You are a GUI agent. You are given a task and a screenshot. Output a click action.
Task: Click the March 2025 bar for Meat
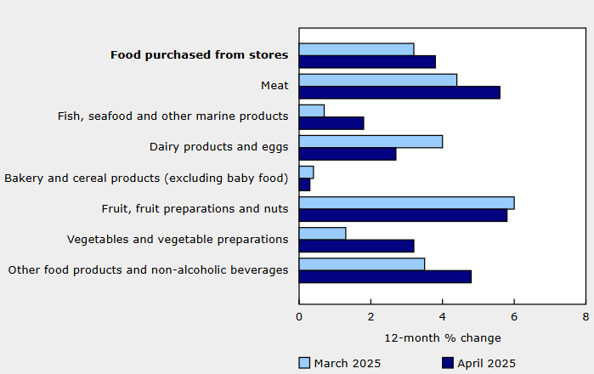[x=378, y=80]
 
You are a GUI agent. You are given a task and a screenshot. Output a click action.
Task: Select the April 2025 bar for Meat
[x=399, y=92]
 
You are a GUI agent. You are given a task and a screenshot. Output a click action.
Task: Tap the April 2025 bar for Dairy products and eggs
[x=348, y=154]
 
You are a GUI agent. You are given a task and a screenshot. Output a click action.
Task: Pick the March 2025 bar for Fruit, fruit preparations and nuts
[x=406, y=202]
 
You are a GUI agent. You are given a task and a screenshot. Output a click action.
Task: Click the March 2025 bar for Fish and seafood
[x=312, y=110]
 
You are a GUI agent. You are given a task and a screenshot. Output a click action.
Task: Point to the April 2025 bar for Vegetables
[x=357, y=246]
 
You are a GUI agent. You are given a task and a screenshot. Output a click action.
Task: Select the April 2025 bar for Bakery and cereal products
[x=304, y=184]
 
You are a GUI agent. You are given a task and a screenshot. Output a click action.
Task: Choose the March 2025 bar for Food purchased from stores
[x=357, y=49]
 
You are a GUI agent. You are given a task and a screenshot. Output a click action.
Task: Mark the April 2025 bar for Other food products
[x=385, y=276]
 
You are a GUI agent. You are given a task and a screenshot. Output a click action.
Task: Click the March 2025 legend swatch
[x=304, y=363]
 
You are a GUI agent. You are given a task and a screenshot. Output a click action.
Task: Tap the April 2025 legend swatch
[x=448, y=363]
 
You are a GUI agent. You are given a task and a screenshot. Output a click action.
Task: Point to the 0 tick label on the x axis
[x=299, y=316]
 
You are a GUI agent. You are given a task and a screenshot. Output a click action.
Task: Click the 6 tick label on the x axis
[x=513, y=316]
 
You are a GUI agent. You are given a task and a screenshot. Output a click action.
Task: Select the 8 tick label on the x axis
[x=585, y=316]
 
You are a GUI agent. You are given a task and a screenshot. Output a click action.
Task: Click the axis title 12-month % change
[x=443, y=337]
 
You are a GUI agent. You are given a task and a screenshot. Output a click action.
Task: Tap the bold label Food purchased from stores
[x=199, y=55]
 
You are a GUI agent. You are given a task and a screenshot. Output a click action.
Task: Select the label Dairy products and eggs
[x=218, y=147]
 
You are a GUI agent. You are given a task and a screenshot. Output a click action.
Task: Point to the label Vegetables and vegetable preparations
[x=178, y=239]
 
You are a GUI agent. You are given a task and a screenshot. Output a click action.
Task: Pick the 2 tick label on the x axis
[x=371, y=316]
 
